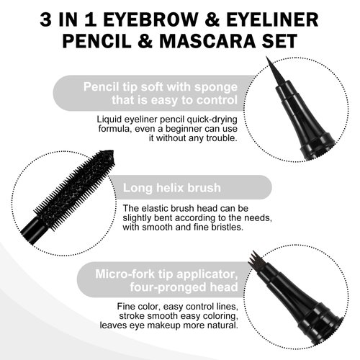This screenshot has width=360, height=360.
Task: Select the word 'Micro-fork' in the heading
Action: (125, 274)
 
